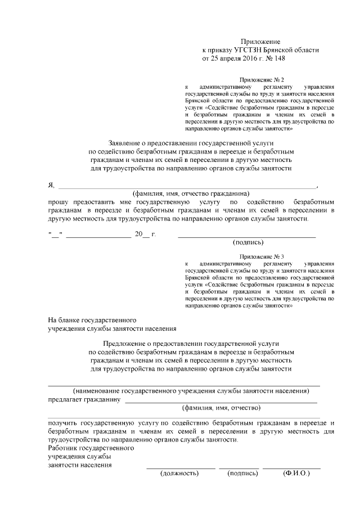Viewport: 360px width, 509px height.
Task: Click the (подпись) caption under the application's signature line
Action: [247, 242]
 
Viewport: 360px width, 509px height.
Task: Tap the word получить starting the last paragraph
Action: [63, 422]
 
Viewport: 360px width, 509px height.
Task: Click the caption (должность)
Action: [180, 474]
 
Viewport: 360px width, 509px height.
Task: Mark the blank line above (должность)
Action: [181, 469]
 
